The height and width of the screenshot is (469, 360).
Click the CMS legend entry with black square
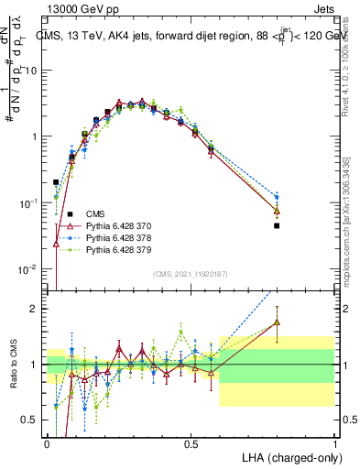[97, 213]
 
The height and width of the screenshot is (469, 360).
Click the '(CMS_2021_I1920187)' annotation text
[191, 274]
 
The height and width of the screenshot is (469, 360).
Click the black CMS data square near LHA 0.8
[277, 225]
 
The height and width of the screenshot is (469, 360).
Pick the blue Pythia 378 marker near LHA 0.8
[277, 197]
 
